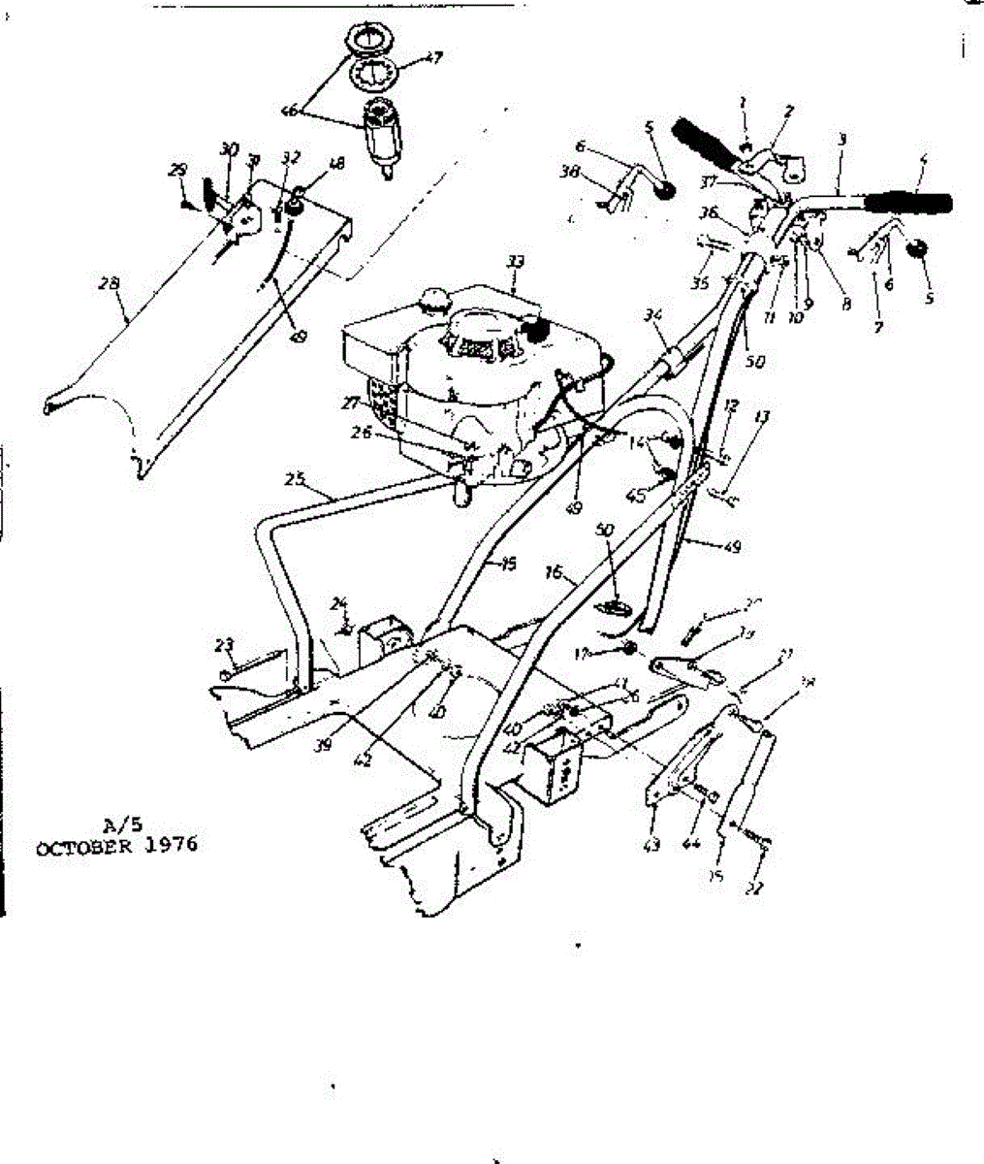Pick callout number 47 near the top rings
coord(431,58)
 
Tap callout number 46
coord(289,112)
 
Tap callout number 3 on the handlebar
coord(842,140)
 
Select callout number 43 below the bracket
coord(652,846)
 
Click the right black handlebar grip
coord(908,203)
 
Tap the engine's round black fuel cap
coord(535,330)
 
